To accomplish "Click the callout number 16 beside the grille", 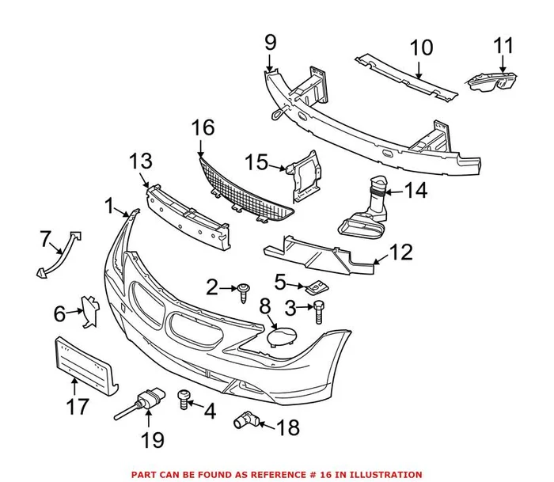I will [203, 127].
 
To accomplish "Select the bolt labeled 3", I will [319, 309].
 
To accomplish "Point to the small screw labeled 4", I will [184, 399].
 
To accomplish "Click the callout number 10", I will [421, 47].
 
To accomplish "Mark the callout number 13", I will [140, 162].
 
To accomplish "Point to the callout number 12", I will [402, 252].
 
